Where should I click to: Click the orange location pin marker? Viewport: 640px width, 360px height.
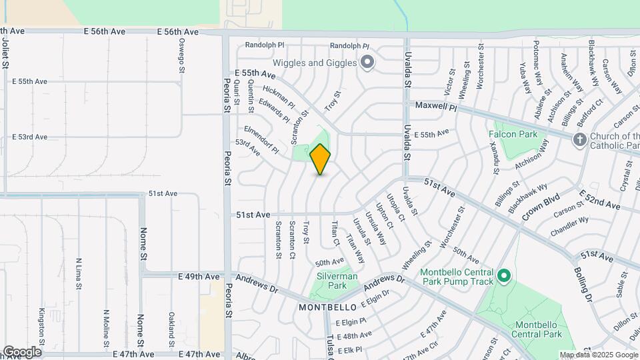pyautogui.click(x=320, y=159)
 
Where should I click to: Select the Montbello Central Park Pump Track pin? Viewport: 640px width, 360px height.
pyautogui.click(x=504, y=275)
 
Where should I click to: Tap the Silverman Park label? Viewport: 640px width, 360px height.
pyautogui.click(x=337, y=281)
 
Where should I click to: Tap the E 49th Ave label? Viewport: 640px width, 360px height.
pyautogui.click(x=198, y=277)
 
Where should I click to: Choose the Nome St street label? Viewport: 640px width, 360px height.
pyautogui.click(x=143, y=243)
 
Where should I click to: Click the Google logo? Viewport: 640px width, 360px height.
pyautogui.click(x=21, y=351)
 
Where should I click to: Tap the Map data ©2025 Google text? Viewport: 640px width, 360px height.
pyautogui.click(x=598, y=355)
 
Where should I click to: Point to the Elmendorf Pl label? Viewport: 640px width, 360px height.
pyautogui.click(x=261, y=139)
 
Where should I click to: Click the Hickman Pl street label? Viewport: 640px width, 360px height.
pyautogui.click(x=278, y=97)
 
